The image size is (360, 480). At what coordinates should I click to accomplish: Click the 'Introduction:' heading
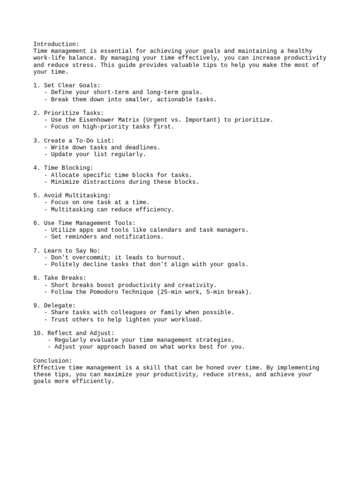56,44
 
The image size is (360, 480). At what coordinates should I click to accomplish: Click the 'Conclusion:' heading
53,361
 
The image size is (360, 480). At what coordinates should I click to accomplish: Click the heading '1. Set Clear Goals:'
67,85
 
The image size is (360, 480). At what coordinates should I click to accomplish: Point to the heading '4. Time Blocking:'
63,168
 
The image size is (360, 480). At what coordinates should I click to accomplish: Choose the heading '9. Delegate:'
54,305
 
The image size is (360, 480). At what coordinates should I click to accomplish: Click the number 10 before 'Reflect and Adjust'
37,333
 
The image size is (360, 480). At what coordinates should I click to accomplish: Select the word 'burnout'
171,257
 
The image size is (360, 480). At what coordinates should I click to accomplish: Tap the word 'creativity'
197,285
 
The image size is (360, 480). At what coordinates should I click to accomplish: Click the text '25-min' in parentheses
171,292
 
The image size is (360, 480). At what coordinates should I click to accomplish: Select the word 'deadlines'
142,147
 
